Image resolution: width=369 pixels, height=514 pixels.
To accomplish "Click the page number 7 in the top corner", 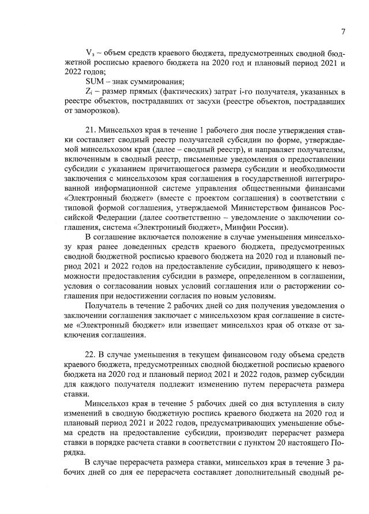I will click(342, 32).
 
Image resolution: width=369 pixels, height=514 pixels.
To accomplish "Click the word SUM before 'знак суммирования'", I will click(95, 81).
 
